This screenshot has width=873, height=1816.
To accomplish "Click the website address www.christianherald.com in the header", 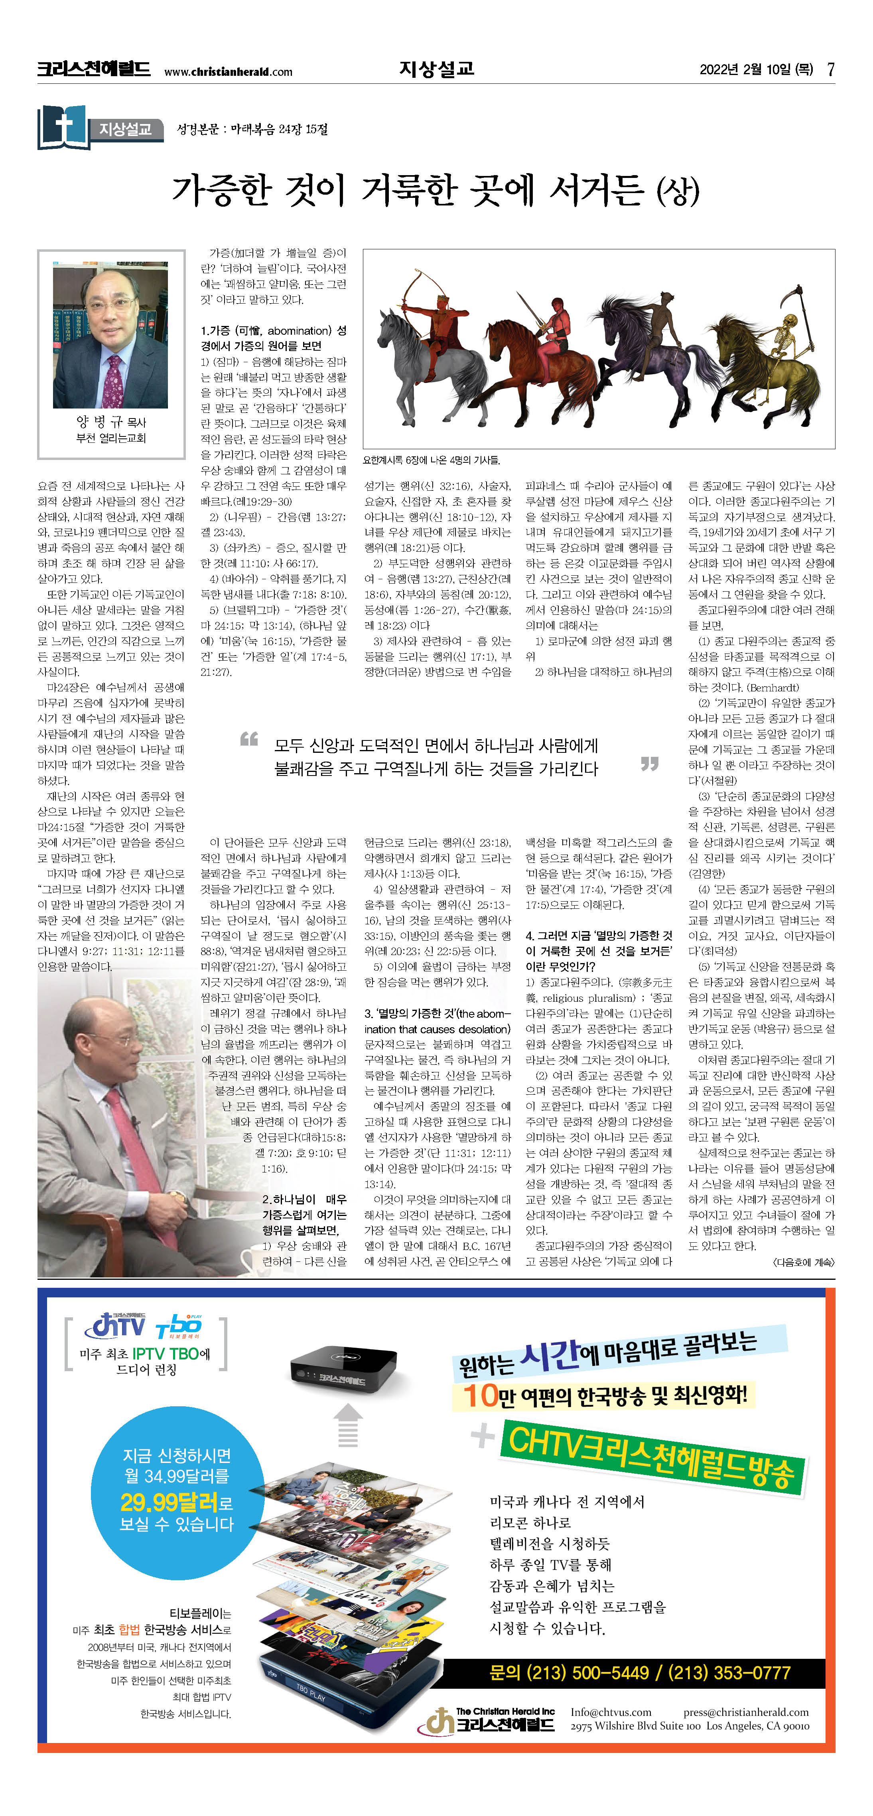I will click(x=228, y=71).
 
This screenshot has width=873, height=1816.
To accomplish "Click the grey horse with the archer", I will click(x=409, y=353).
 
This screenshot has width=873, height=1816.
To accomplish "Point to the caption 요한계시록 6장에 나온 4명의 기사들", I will click(x=431, y=460).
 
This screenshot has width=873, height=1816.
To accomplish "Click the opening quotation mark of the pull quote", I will click(x=249, y=739).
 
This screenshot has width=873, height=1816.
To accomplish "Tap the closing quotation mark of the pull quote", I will click(x=649, y=764).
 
